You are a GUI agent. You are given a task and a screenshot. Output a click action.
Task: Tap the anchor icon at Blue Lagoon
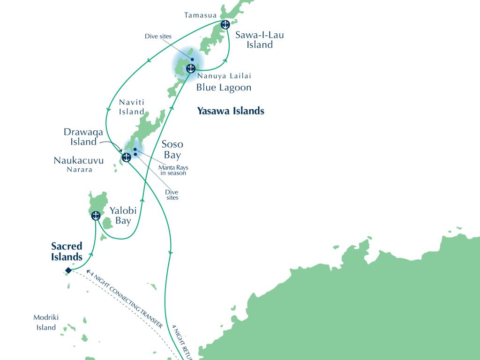190,68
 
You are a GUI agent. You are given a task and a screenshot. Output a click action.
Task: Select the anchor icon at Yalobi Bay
96,216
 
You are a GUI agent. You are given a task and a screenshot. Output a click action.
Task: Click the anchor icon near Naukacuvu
126,157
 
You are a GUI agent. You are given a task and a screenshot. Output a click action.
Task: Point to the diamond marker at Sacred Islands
68,270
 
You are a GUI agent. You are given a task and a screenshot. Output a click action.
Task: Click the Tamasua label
200,15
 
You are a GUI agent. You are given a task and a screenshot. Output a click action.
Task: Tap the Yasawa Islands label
231,111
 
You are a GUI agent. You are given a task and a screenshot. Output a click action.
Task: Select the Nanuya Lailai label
221,76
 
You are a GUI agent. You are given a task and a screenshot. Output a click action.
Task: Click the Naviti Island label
131,106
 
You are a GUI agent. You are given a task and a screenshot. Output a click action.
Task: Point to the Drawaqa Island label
84,137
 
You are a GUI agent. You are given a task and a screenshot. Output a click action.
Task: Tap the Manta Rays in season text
172,170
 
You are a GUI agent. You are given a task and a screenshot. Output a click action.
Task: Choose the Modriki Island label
46,322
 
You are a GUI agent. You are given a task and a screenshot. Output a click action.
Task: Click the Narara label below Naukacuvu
79,170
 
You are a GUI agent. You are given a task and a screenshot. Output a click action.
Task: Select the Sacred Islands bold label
67,251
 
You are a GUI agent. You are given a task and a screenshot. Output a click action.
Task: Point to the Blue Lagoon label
224,88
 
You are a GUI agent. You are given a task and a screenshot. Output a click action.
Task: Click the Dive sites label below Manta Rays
172,195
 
